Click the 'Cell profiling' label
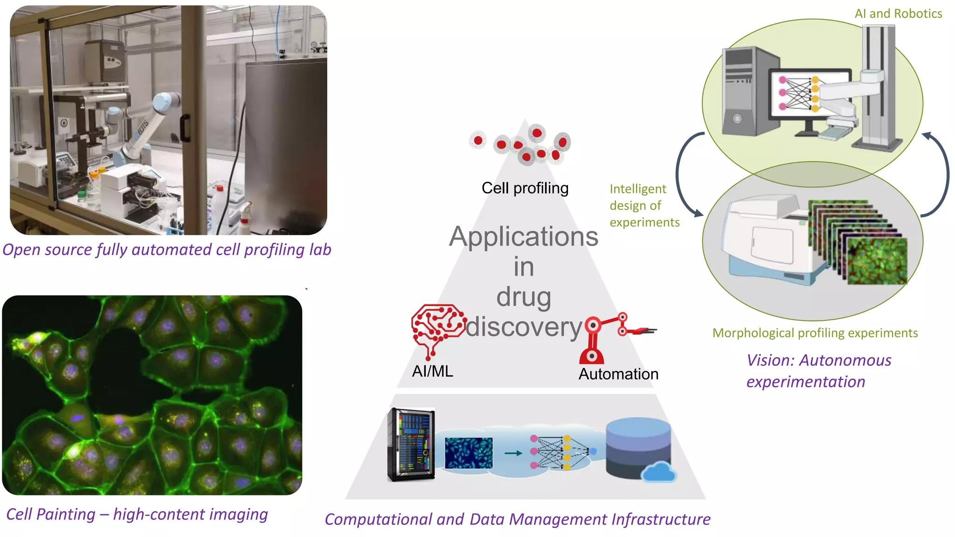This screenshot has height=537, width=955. point(525,188)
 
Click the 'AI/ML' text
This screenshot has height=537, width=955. point(432,372)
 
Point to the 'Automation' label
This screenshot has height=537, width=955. point(618,374)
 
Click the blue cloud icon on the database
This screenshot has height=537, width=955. point(658,472)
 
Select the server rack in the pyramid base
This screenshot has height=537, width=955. point(411,444)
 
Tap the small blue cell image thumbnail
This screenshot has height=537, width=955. point(469,453)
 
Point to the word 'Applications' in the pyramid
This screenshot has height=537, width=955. point(523,237)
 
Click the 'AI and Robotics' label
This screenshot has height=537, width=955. point(898,14)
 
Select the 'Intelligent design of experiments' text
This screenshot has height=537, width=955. point(644,206)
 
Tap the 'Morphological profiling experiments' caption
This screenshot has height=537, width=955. point(815,333)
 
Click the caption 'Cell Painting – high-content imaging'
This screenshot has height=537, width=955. point(137,515)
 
